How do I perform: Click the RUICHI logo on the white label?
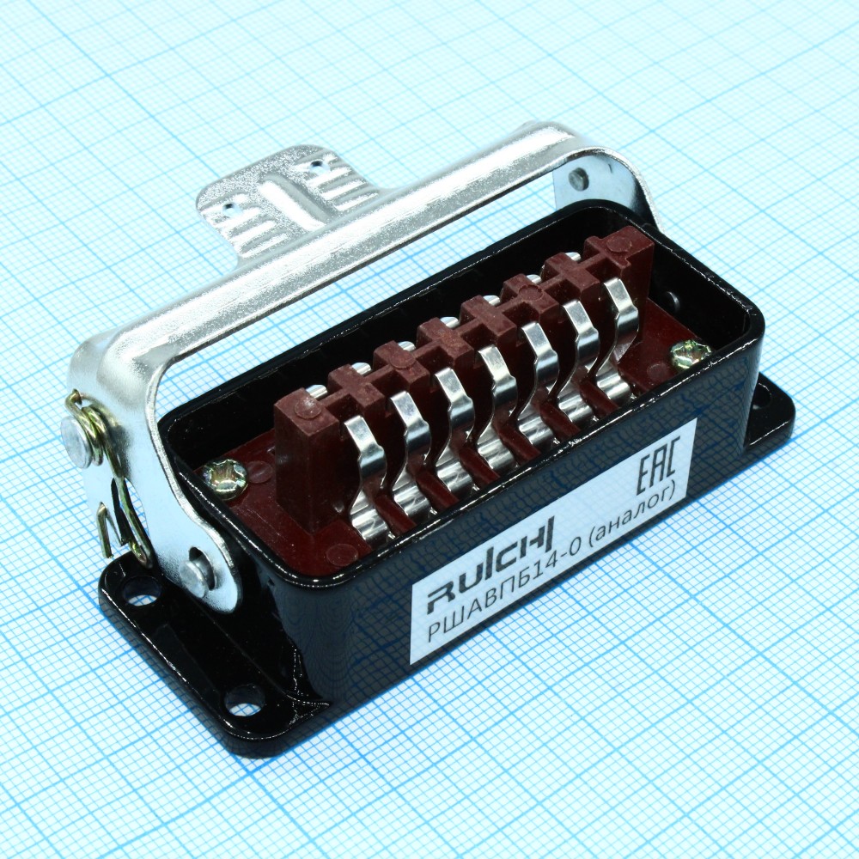coord(490,562)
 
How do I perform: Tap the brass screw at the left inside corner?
coord(224,472)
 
